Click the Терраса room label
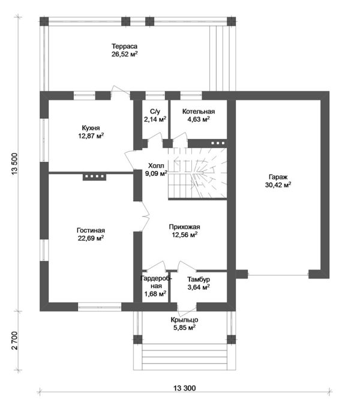coord(124,46)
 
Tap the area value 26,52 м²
coord(124,54)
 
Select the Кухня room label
coord(91,128)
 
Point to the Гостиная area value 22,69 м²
coord(91,238)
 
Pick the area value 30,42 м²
coord(278,185)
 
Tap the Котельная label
coord(199,112)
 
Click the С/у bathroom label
coord(155,112)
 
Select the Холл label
coord(156,166)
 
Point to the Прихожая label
coord(184,227)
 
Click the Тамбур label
coord(199,280)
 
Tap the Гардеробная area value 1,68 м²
coord(155,293)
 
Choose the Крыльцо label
coord(184,320)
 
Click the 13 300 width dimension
coord(184,388)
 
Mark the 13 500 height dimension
coord(14,164)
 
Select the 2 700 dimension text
coord(14,341)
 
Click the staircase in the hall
coord(197,173)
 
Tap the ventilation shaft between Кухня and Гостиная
coord(94,177)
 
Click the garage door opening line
coord(278,275)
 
